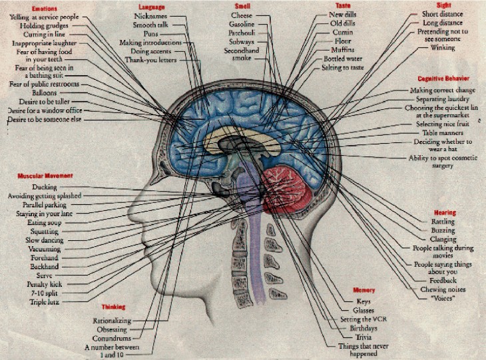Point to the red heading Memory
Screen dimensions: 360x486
364,291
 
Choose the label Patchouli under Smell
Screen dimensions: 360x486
240,32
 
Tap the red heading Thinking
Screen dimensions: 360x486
114,307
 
